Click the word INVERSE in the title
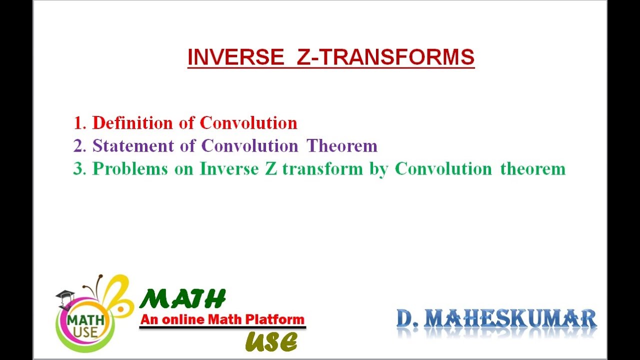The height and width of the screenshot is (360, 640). pyautogui.click(x=235, y=57)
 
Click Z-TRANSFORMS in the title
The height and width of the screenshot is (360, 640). pyautogui.click(x=385, y=57)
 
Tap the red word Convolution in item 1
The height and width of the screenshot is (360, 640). pyautogui.click(x=248, y=122)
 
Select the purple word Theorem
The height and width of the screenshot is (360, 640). pyautogui.click(x=342, y=146)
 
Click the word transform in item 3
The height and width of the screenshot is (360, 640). pyautogui.click(x=322, y=169)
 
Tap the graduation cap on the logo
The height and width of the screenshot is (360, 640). pyautogui.click(x=65, y=296)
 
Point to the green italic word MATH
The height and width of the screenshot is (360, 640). pyautogui.click(x=182, y=299)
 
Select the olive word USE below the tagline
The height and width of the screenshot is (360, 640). pyautogui.click(x=271, y=342)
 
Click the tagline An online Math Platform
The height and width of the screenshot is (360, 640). pyautogui.click(x=222, y=319)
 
